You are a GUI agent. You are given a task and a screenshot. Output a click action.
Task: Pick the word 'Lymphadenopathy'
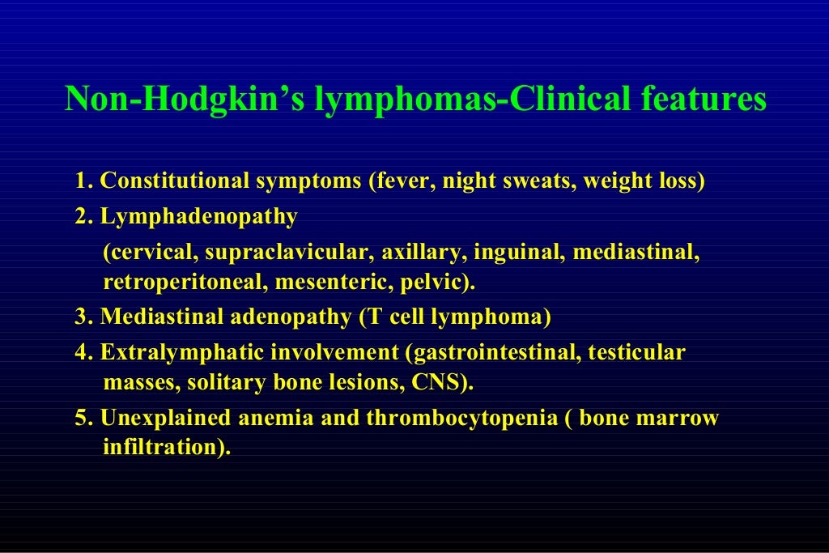199,217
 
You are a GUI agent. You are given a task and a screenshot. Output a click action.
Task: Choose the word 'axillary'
423,253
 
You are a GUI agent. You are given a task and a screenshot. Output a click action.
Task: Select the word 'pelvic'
441,283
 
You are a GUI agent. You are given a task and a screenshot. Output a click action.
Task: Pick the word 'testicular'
636,353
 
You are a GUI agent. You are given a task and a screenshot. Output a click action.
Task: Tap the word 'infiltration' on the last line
159,447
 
